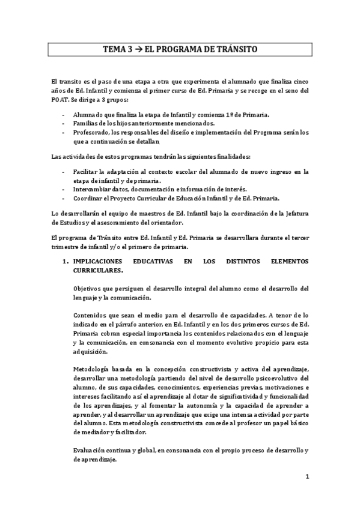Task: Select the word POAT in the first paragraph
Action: (61, 99)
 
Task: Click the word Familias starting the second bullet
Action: (87, 123)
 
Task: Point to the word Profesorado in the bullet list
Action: (94, 132)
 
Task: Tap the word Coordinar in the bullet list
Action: (90, 198)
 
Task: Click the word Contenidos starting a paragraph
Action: (93, 315)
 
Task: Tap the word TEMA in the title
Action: (115, 52)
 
